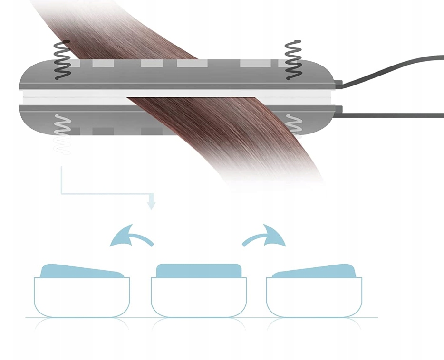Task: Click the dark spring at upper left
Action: point(62,60)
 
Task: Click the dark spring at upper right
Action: point(293,60)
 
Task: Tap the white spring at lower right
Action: point(293,125)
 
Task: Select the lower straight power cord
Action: point(395,115)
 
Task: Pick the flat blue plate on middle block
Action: point(199,271)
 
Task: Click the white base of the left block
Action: point(82,297)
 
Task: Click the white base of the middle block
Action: point(199,297)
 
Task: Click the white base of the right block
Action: point(314,297)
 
